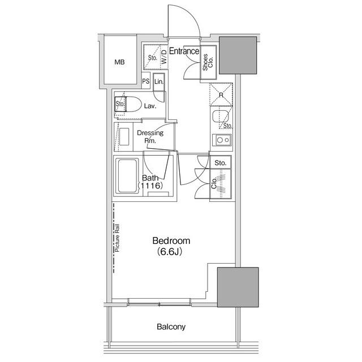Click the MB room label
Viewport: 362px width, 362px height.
point(119,62)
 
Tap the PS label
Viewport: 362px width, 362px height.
point(146,81)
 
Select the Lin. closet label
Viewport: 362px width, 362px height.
point(159,81)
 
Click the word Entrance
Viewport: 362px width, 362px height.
point(184,51)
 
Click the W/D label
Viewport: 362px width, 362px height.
point(163,57)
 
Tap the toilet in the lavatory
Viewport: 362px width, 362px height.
point(128,104)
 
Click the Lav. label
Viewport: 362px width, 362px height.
point(150,106)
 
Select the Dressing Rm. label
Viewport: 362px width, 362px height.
point(150,136)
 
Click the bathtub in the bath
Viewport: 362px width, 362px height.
point(127,176)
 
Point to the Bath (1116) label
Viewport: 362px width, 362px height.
point(150,182)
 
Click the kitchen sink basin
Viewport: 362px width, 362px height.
point(221,117)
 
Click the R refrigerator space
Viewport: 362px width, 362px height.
point(221,94)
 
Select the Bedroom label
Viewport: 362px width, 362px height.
point(171,241)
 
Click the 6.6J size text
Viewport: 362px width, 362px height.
point(170,252)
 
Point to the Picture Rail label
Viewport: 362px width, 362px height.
point(117,238)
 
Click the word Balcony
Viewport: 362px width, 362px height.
point(171,327)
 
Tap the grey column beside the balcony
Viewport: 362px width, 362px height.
point(238,287)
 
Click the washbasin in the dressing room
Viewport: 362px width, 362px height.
point(124,136)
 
